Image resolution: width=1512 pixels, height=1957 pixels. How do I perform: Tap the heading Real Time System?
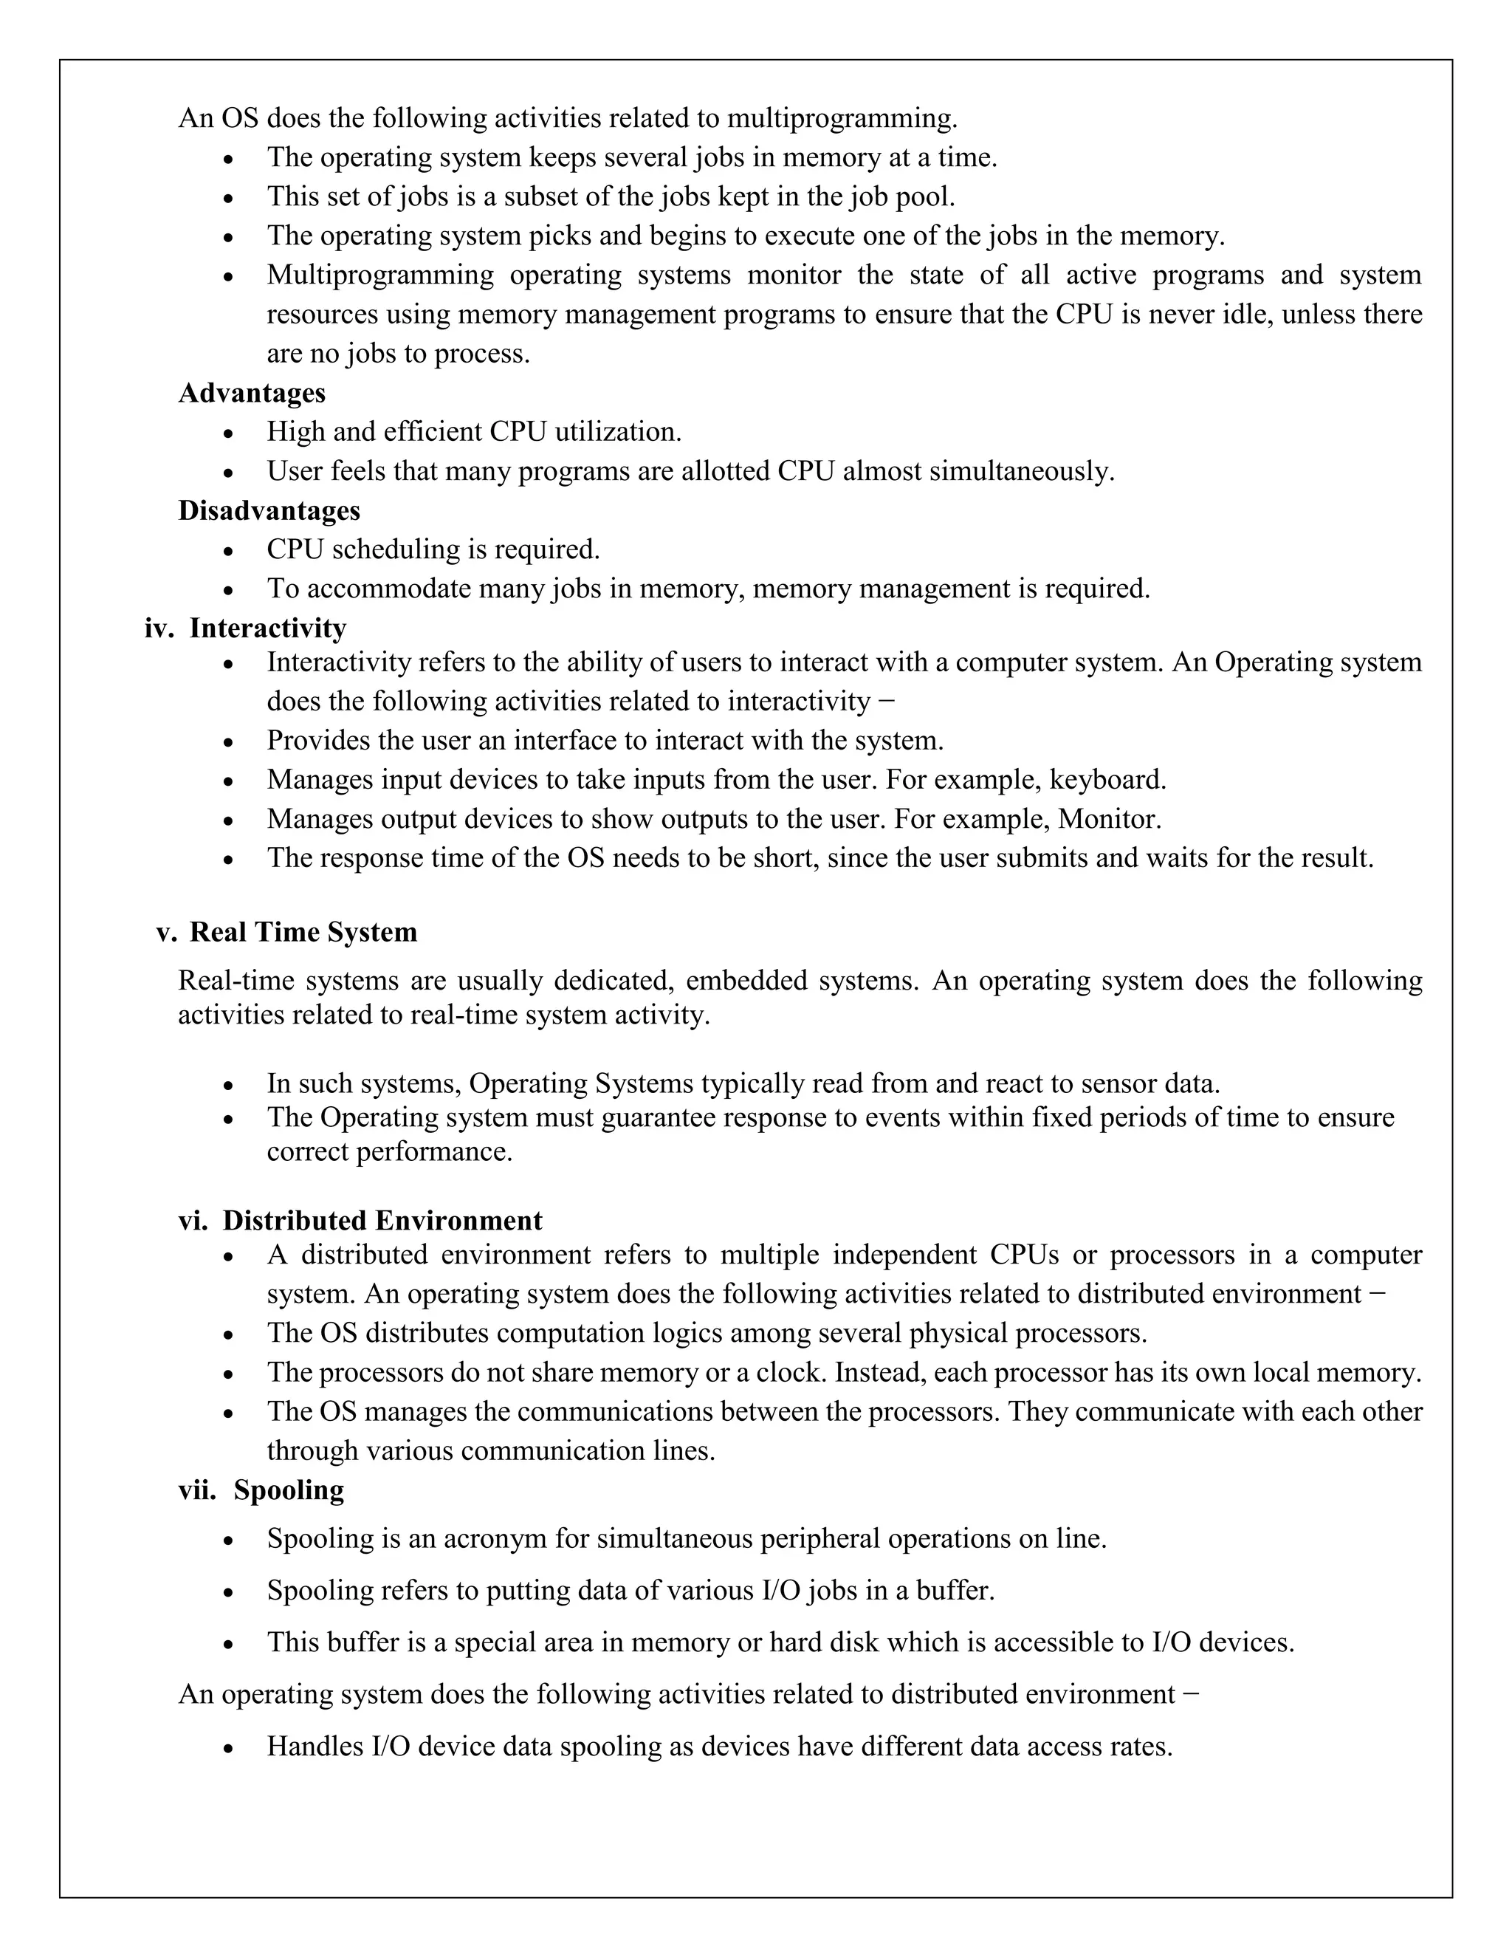(x=303, y=932)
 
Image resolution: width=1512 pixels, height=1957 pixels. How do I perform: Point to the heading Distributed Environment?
(x=382, y=1221)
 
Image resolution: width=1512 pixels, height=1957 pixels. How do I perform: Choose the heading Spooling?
(x=289, y=1490)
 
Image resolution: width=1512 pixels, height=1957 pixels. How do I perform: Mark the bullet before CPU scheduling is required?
(x=230, y=551)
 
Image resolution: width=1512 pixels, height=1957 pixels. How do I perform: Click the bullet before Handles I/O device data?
(x=230, y=1748)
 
